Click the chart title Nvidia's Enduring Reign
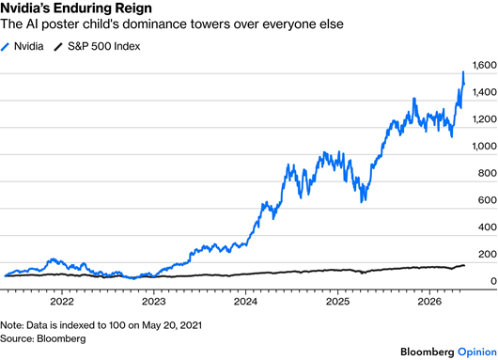[x=76, y=8]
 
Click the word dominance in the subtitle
[x=155, y=24]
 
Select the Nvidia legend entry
[x=22, y=46]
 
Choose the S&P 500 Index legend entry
[x=97, y=46]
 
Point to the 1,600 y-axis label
[x=485, y=65]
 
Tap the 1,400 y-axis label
[x=485, y=92]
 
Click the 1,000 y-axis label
[x=485, y=146]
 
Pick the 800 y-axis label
[x=488, y=173]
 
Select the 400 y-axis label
[x=488, y=227]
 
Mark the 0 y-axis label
[x=493, y=281]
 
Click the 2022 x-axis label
[x=62, y=301]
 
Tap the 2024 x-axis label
[x=245, y=301]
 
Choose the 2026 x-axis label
[x=429, y=301]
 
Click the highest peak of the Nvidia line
[x=463, y=72]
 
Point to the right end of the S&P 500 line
[x=465, y=265]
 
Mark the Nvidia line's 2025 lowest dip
[x=361, y=202]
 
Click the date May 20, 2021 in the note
[x=172, y=325]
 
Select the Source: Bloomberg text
[x=43, y=338]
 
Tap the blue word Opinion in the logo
[x=477, y=352]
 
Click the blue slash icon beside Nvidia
[x=5, y=47]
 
